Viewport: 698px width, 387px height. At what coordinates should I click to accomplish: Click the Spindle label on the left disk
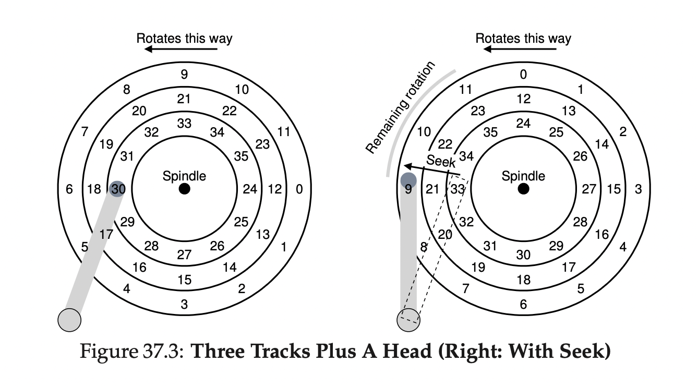pyautogui.click(x=184, y=176)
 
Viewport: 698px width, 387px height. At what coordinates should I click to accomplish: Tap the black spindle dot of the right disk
pyautogui.click(x=523, y=189)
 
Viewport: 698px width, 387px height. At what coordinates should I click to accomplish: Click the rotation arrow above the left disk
pyautogui.click(x=181, y=49)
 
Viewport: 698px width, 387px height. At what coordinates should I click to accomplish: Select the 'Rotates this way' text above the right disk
pyautogui.click(x=523, y=38)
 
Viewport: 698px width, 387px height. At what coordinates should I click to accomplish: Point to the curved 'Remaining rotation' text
pyautogui.click(x=400, y=108)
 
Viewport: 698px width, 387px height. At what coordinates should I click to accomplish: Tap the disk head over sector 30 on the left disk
pyautogui.click(x=117, y=189)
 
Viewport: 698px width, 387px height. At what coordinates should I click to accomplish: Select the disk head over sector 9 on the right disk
pyautogui.click(x=408, y=180)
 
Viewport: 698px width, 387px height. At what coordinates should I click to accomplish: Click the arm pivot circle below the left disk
pyautogui.click(x=69, y=319)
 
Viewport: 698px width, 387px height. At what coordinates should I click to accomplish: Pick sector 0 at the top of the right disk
pyautogui.click(x=523, y=74)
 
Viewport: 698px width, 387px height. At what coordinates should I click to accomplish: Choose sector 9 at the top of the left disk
pyautogui.click(x=184, y=74)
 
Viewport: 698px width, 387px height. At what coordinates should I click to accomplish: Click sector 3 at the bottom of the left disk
pyautogui.click(x=184, y=304)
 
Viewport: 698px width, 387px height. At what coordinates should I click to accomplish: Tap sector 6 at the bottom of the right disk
pyautogui.click(x=523, y=304)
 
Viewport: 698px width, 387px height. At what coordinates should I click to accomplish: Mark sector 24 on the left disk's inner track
pyautogui.click(x=250, y=189)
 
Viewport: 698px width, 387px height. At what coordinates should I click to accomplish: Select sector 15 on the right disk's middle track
pyautogui.click(x=614, y=189)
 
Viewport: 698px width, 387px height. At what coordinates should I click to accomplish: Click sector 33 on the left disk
pyautogui.click(x=184, y=124)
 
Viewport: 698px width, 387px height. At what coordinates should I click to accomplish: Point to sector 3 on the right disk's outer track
pyautogui.click(x=638, y=189)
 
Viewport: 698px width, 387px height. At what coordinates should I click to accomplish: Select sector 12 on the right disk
pyautogui.click(x=523, y=99)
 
